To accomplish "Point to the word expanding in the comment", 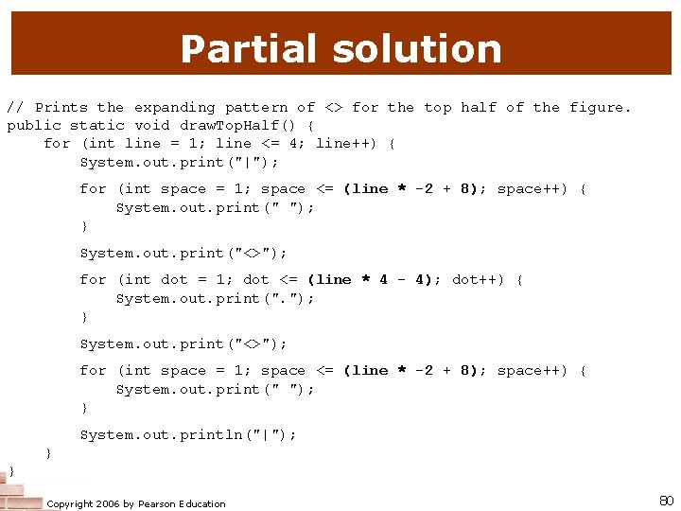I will tap(174, 108).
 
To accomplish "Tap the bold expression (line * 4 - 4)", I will tap(374, 279).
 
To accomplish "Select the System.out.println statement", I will tap(187, 434).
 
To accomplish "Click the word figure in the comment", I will tap(600, 108).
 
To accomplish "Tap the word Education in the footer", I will tap(202, 503).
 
